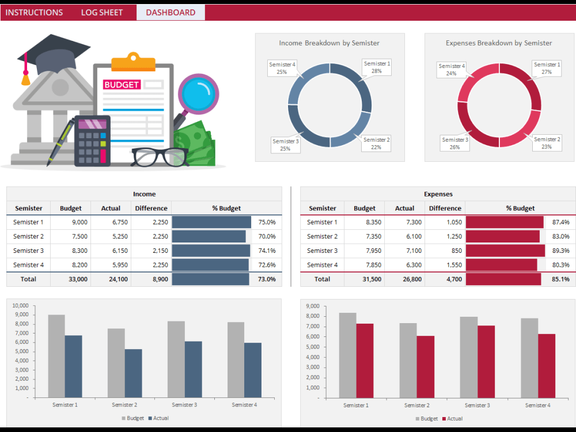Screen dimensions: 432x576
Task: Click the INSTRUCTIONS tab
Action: (34, 13)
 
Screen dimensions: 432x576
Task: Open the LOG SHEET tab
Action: (102, 13)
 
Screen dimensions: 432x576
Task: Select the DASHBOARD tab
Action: (170, 13)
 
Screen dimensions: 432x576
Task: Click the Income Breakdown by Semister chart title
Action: (329, 43)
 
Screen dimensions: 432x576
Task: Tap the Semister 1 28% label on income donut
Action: (377, 67)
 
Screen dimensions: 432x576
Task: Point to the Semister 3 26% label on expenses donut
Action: (454, 143)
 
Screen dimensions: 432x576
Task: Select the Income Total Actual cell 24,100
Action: (111, 279)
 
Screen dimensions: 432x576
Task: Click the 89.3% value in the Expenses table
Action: (560, 251)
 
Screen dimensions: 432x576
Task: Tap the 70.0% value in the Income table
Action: (267, 237)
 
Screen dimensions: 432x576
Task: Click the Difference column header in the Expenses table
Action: (445, 209)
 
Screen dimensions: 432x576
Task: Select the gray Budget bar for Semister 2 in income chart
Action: (116, 363)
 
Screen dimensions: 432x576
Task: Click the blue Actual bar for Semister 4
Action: (252, 370)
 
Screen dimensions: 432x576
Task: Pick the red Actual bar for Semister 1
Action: (364, 360)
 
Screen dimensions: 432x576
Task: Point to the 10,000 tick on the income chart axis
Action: (20, 305)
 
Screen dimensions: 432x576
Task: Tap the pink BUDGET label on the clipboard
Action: (122, 85)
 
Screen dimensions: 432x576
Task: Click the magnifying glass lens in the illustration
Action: (199, 93)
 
